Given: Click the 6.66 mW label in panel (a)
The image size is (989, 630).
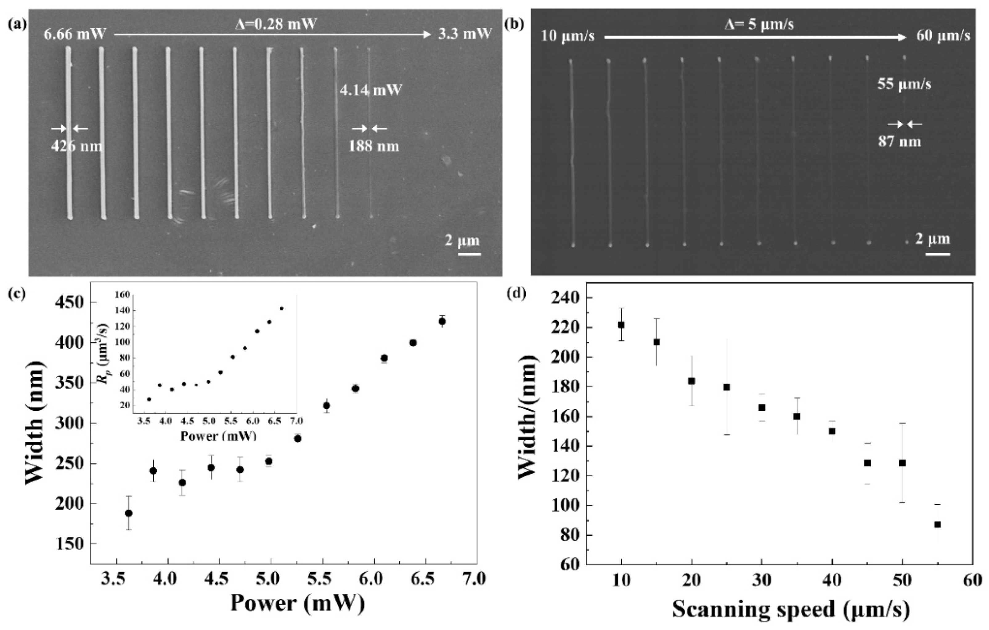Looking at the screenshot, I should coord(75,34).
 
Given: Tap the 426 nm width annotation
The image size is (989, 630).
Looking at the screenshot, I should coord(76,146).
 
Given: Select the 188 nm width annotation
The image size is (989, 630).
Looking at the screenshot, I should coord(374,146).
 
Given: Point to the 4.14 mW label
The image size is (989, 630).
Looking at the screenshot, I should coord(370,90).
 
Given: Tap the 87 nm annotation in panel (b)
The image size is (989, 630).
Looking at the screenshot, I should coord(899,142).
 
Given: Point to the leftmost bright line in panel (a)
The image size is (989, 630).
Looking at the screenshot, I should coord(69,133).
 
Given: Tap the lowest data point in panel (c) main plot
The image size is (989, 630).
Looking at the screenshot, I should coord(128,513).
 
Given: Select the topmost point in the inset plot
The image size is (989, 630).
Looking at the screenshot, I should coord(282,308).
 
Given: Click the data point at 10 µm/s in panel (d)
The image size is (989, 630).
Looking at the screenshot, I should coord(621,325).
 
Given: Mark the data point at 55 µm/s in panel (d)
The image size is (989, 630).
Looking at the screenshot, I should coord(938,524).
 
